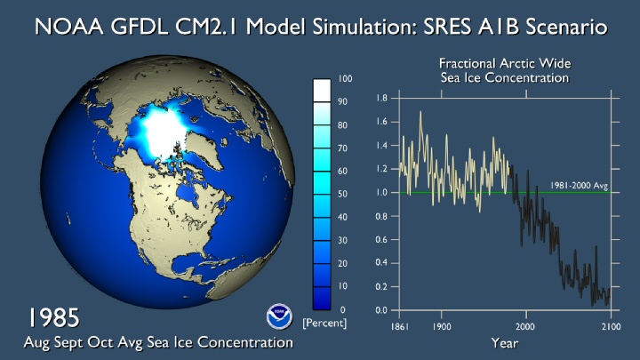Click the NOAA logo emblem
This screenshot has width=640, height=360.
pos(279,316)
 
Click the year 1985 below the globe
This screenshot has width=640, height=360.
pos(53,318)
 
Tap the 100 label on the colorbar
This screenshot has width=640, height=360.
pos(345,79)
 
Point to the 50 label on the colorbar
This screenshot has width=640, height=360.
pos(342,194)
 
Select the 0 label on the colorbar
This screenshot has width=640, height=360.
pos(342,310)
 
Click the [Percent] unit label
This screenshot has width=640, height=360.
pos(324,324)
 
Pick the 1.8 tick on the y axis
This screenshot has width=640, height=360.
pos(381,98)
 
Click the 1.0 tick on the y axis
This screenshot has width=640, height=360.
pos(381,192)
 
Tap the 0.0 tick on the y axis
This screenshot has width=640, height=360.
pos(381,310)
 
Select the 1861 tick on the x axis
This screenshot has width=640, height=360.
pos(399,326)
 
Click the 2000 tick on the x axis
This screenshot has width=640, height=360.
pos(525,326)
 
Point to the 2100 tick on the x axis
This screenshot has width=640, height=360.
pos(611,326)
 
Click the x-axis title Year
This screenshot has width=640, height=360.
pos(505,343)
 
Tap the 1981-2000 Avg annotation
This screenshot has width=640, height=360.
pos(580,185)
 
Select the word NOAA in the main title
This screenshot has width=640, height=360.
pos(69,27)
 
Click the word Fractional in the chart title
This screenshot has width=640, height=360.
pos(467,63)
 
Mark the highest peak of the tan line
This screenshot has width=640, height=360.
pos(420,111)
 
